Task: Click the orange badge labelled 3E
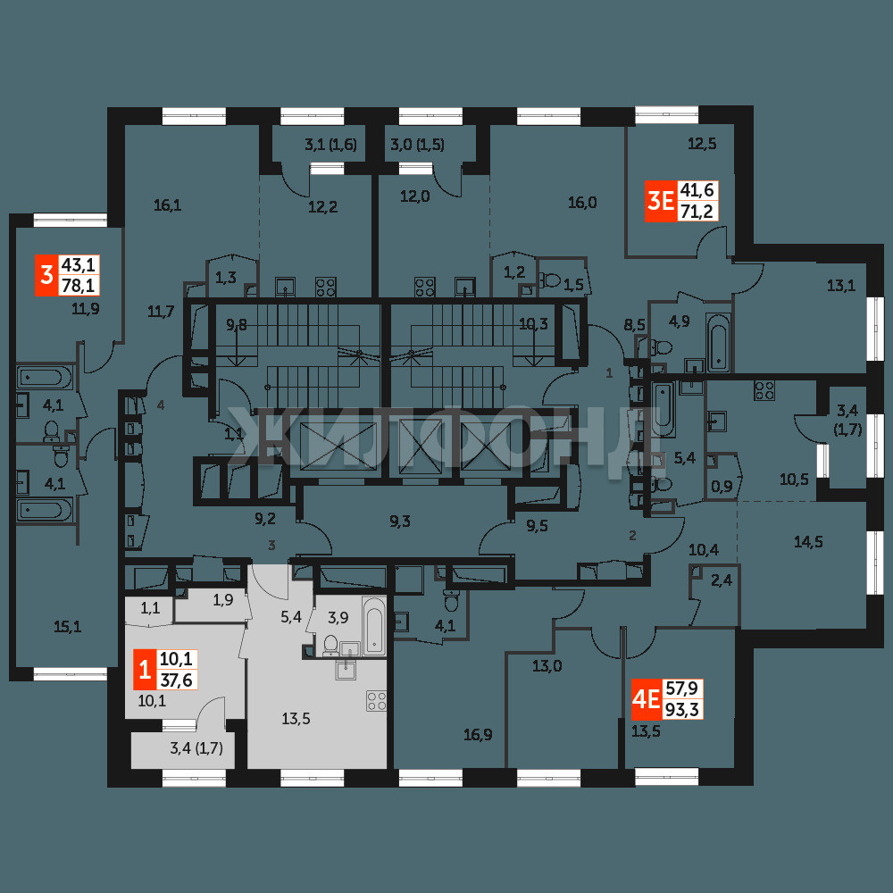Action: (x=660, y=201)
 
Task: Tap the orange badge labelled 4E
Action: (x=647, y=699)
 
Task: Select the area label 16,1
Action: (x=168, y=205)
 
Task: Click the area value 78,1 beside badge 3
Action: (x=80, y=285)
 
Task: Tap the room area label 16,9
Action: (x=478, y=735)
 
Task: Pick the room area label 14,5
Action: (x=808, y=542)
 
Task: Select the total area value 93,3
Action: (x=682, y=710)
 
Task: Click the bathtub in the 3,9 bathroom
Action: (x=374, y=624)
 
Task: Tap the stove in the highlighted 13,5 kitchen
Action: (x=377, y=700)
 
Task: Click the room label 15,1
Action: (x=67, y=627)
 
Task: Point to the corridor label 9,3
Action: (x=400, y=522)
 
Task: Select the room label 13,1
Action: (x=841, y=286)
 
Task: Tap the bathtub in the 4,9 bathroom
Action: (x=718, y=342)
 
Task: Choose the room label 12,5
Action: (x=702, y=144)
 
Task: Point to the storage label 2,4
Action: (x=721, y=581)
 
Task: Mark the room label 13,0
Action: (x=547, y=666)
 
